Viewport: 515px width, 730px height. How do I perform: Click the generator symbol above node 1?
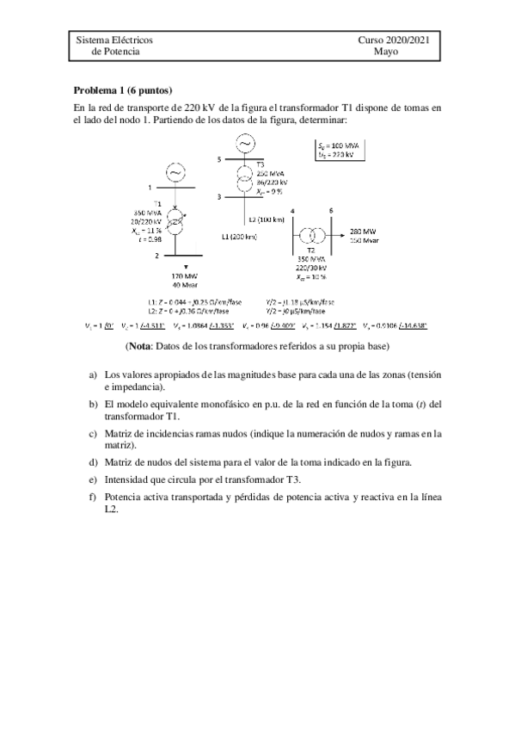tap(175, 173)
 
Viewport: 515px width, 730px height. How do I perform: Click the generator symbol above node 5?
tap(247, 142)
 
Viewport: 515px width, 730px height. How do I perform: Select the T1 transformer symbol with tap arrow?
tap(175, 226)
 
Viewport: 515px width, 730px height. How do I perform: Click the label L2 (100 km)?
tap(264, 220)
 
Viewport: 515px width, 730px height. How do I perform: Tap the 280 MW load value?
tap(362, 232)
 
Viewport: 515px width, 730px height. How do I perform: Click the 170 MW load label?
tap(175, 276)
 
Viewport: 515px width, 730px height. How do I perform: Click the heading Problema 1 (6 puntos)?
tap(123, 90)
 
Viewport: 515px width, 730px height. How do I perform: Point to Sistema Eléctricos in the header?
tap(115, 40)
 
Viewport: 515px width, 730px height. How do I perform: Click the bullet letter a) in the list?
tap(93, 375)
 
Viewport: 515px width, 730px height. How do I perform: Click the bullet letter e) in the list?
tap(93, 479)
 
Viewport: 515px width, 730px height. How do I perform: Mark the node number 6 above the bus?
tap(331, 210)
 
